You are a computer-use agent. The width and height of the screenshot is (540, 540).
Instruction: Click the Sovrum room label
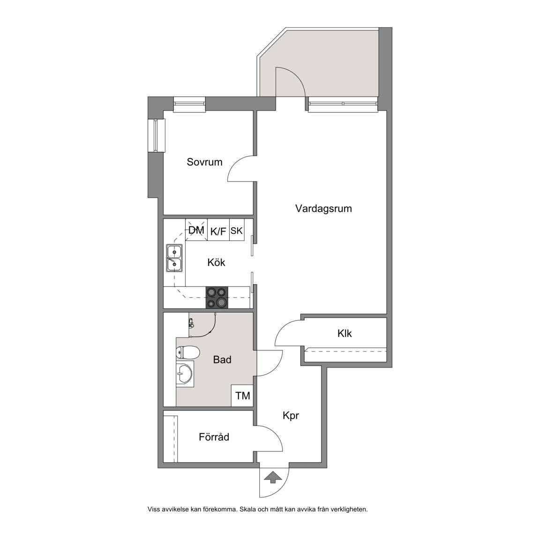[x=204, y=162]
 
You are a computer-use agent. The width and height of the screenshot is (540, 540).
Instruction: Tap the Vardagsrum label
[x=323, y=209]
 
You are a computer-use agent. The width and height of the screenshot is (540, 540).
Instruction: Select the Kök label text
[x=216, y=262]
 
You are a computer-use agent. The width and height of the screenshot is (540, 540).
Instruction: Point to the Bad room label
[x=222, y=360]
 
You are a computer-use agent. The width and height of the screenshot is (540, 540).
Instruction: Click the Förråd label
[x=214, y=437]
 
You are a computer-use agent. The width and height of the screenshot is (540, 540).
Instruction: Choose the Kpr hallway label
[x=291, y=416]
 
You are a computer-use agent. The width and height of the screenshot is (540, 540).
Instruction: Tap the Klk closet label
[x=345, y=333]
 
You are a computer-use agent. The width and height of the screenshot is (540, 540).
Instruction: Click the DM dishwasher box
[x=196, y=230]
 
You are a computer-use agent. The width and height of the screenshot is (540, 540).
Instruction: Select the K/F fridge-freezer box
[x=218, y=230]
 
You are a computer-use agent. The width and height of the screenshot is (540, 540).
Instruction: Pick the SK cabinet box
[x=237, y=230]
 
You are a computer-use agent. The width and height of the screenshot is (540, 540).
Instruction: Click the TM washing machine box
[x=242, y=395]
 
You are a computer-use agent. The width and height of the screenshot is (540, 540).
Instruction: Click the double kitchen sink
[x=174, y=258]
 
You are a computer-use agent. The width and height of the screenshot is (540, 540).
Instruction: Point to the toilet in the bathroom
[x=187, y=352]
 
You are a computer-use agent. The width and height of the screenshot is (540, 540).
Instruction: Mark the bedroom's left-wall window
[x=157, y=135]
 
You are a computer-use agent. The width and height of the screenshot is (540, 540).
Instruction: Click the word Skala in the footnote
[x=247, y=509]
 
